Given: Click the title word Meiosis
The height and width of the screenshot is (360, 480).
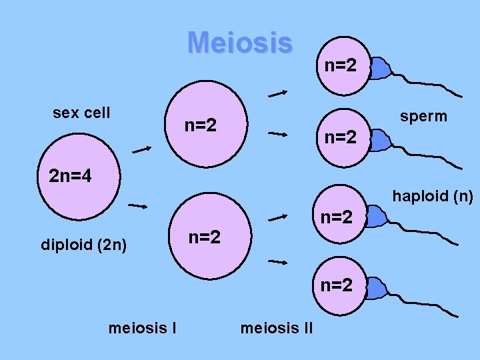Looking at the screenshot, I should click(239, 43).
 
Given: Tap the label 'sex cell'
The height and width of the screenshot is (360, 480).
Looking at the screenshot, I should click(81, 113).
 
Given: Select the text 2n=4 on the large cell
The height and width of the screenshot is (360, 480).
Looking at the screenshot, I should click(71, 177).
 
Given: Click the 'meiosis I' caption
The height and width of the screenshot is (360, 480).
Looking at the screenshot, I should click(141, 327).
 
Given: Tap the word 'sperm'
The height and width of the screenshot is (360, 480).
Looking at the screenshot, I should click(424, 117).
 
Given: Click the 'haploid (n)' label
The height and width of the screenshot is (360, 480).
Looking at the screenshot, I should click(433, 196).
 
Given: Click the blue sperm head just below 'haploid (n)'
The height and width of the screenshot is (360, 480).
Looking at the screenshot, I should click(377, 217).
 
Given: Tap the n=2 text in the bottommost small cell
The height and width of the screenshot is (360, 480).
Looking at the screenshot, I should click(336, 285).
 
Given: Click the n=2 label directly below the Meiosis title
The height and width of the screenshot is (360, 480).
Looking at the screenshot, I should click(201, 125).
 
